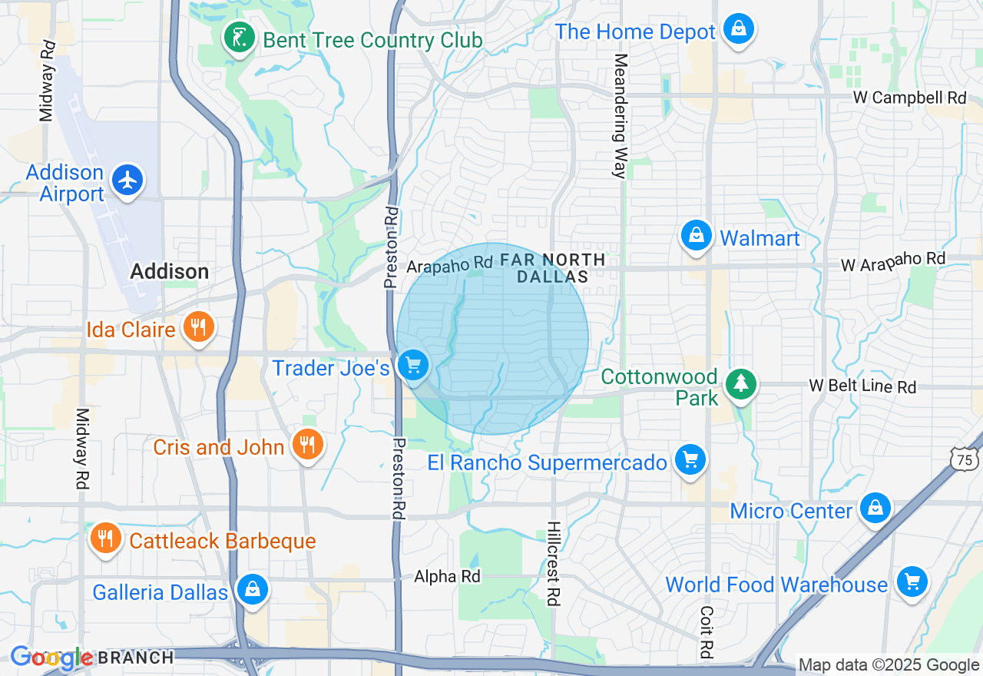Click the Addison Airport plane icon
(127, 181)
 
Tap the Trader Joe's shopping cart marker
(414, 365)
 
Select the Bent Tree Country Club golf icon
(240, 38)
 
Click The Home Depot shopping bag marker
(738, 29)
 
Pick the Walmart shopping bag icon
(696, 236)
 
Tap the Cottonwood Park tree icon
(741, 383)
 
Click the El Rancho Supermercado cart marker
(690, 460)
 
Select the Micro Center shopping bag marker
(875, 509)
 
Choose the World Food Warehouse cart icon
(912, 582)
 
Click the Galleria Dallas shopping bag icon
(251, 590)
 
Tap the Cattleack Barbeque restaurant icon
(105, 538)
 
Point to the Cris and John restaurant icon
(307, 444)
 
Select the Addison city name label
(169, 272)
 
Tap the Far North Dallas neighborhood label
(552, 268)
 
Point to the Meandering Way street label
(621, 116)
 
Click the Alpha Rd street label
(447, 576)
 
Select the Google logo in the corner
(51, 658)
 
